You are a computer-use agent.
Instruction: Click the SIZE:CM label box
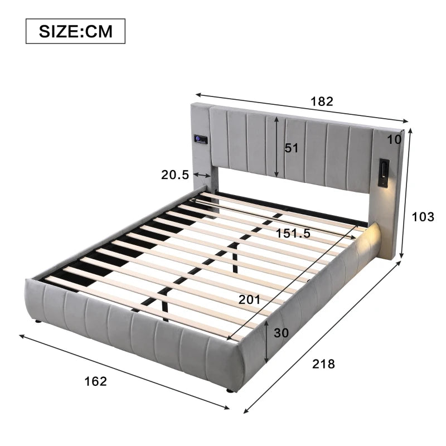75,31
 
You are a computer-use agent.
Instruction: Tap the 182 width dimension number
322,101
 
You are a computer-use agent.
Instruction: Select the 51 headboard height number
292,148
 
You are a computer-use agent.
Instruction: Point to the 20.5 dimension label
175,174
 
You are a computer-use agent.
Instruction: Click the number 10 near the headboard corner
395,139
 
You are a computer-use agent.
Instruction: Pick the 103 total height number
423,217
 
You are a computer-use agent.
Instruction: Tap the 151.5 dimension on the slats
293,234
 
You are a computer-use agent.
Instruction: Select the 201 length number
249,299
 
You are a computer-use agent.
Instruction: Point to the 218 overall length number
324,364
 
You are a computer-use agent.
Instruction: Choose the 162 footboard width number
95,381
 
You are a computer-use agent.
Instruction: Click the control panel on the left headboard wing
201,139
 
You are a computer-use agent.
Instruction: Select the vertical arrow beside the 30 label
268,342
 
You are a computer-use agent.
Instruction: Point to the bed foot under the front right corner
229,391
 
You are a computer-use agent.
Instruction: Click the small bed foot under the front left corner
37,322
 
